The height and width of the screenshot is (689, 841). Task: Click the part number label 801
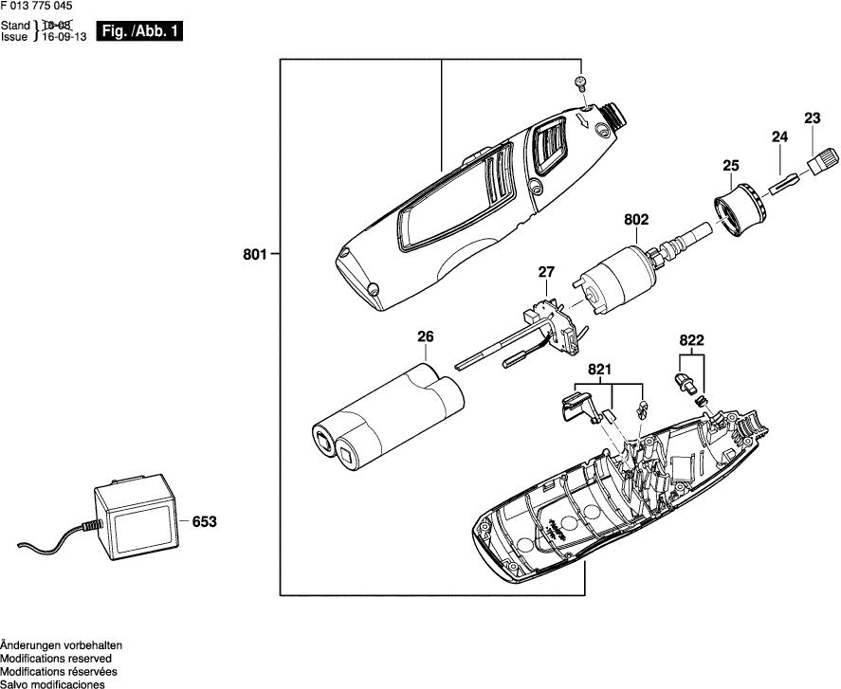255,253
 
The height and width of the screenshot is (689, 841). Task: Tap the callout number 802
635,220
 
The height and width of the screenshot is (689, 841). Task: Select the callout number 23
812,118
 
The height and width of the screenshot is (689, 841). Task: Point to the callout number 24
779,137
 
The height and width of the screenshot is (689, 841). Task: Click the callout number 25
730,166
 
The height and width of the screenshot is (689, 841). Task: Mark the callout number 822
691,338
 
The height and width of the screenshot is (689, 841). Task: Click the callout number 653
204,520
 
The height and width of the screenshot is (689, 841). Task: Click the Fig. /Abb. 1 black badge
138,32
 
